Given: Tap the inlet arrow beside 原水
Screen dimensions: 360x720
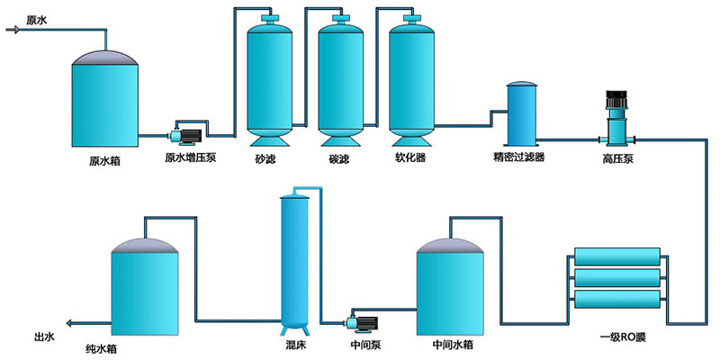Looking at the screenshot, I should point(13,30).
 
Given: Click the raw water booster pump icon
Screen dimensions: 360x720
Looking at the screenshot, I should point(187,135).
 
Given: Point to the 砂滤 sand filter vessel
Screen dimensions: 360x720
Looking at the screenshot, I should point(271,81).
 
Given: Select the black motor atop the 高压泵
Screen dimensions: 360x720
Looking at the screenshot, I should point(616,101).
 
